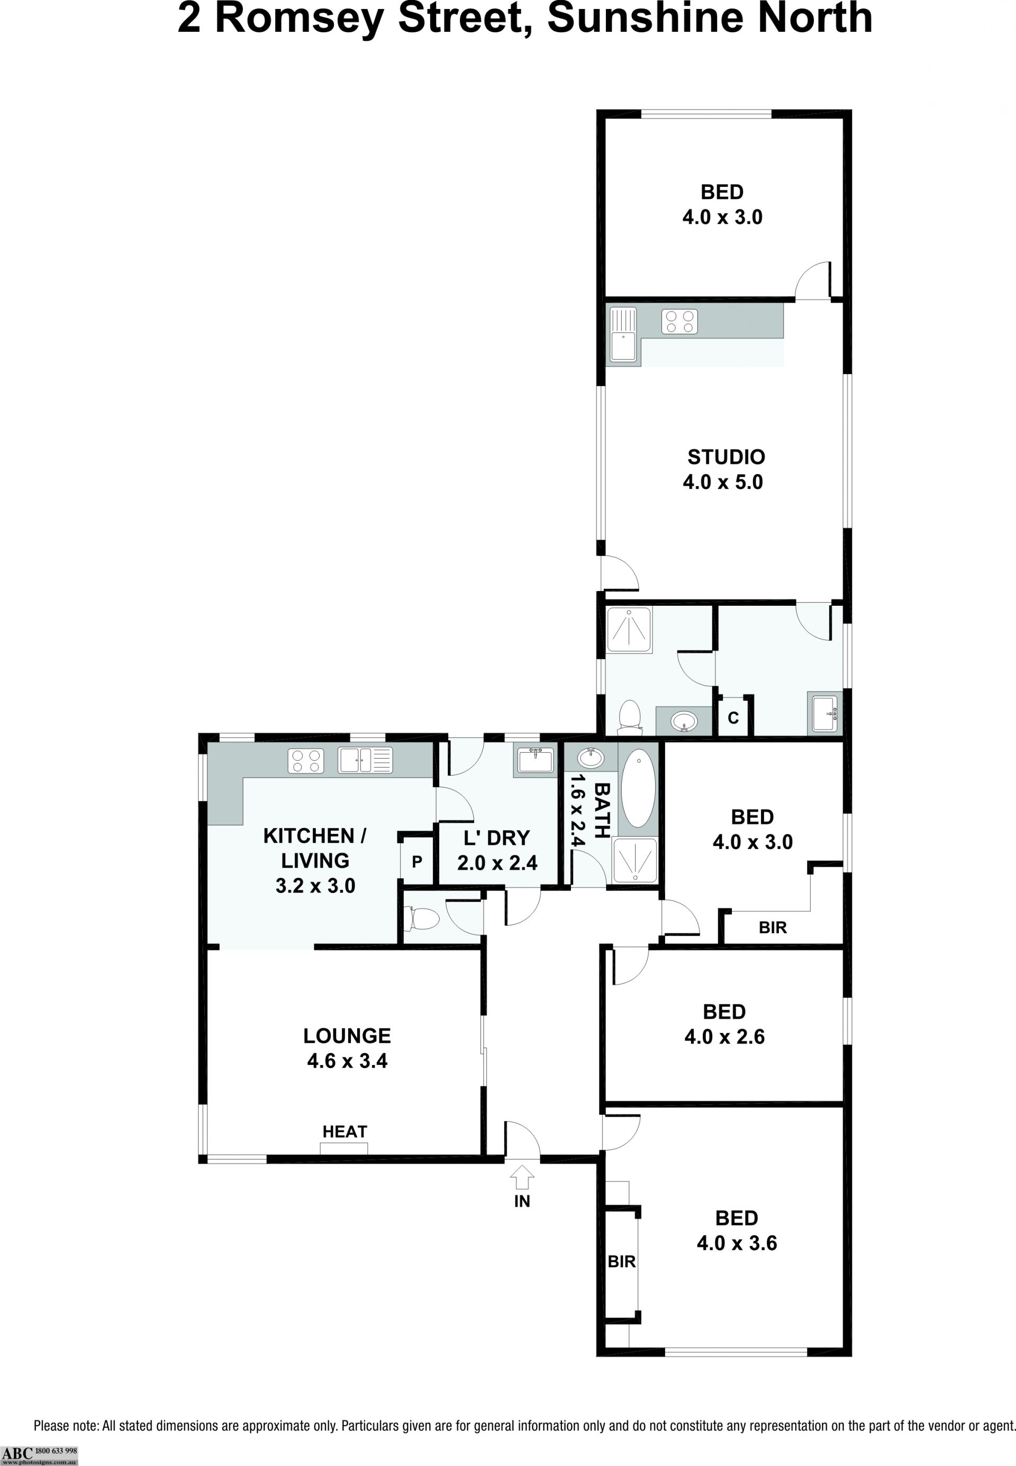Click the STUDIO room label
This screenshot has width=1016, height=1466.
tap(725, 457)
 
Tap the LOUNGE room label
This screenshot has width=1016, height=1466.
tap(347, 1036)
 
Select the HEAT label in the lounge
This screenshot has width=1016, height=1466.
tap(344, 1131)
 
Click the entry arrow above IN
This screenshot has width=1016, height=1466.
tap(522, 1177)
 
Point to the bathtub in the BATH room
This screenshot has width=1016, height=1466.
tap(637, 788)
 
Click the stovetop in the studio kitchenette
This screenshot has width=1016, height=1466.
tap(679, 321)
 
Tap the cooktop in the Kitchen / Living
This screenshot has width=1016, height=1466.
tap(305, 761)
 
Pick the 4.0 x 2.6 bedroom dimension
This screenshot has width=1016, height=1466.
tap(724, 1036)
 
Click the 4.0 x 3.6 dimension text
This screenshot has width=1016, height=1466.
tap(737, 1243)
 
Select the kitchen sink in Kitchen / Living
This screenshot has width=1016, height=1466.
tap(365, 761)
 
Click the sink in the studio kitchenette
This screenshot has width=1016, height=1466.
tap(624, 334)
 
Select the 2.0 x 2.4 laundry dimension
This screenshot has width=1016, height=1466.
tap(497, 863)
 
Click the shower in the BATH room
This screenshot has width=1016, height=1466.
tap(634, 860)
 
